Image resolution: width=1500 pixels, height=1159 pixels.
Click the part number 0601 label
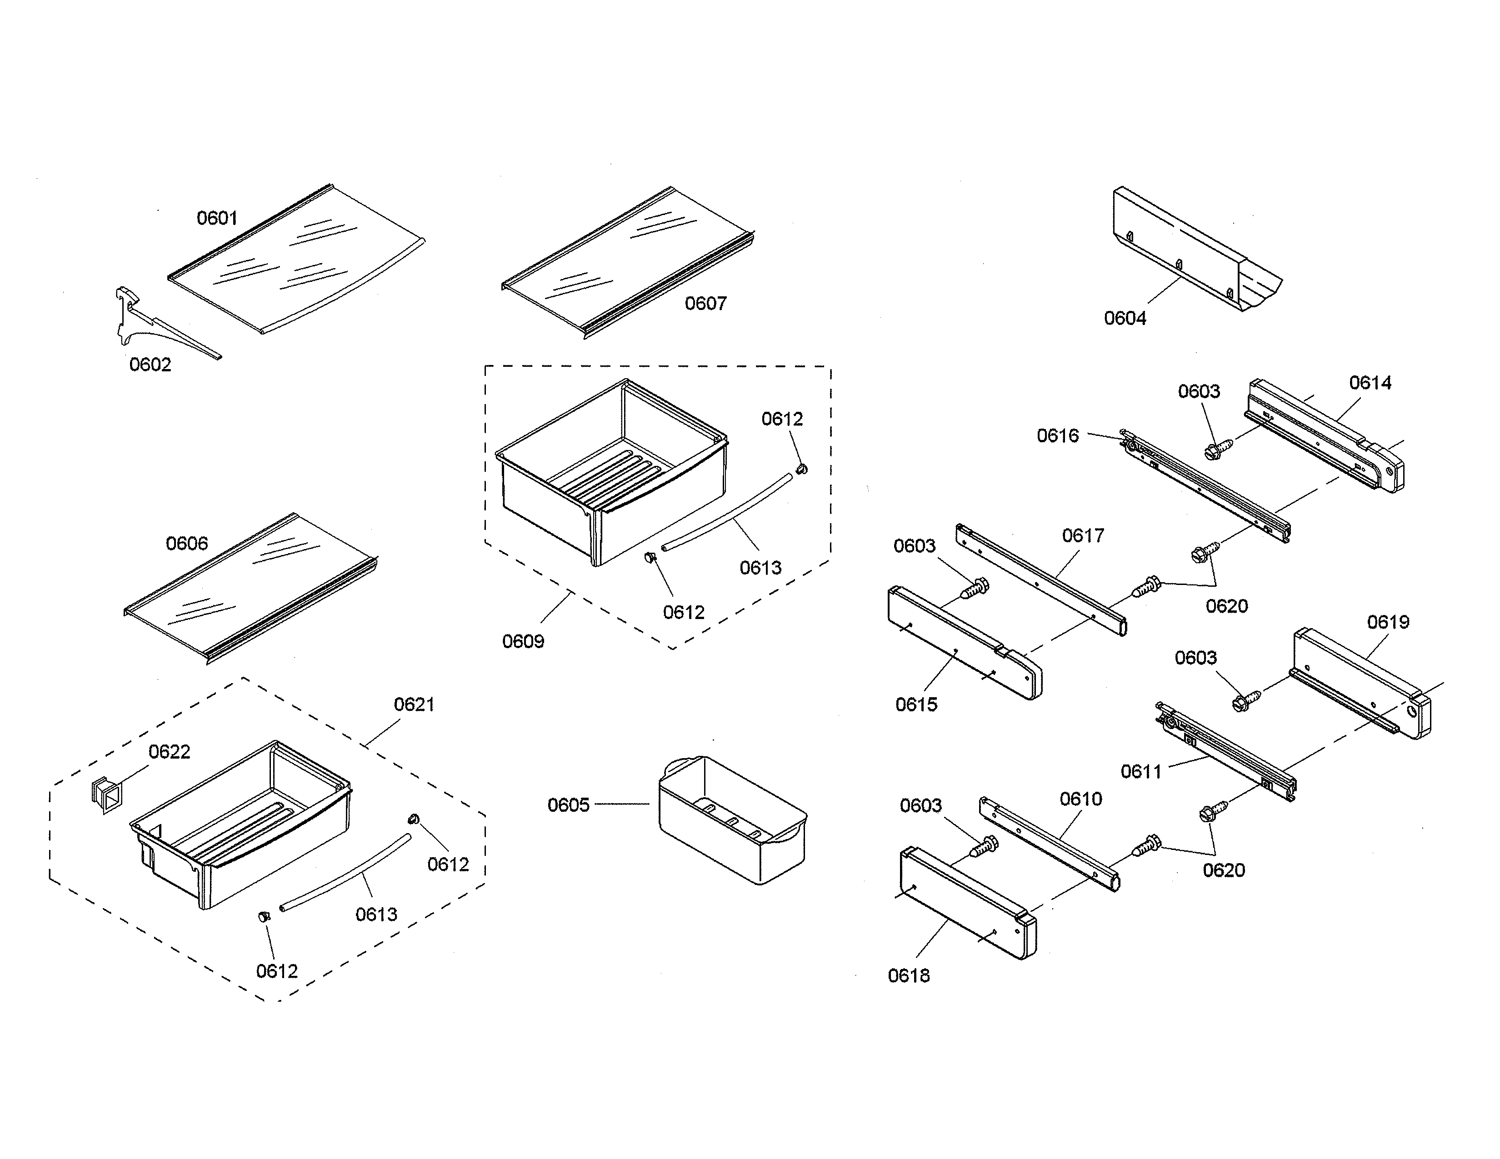click(x=217, y=218)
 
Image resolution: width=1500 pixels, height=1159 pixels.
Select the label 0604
click(x=1125, y=319)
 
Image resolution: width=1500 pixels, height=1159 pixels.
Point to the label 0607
click(x=705, y=304)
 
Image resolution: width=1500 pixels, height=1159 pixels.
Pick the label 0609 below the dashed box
click(x=523, y=642)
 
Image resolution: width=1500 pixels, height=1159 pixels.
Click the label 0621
click(x=414, y=704)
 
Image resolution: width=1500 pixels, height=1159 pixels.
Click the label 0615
click(x=916, y=704)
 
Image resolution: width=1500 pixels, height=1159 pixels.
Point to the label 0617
click(x=1083, y=535)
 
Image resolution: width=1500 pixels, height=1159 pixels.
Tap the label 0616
click(x=1058, y=436)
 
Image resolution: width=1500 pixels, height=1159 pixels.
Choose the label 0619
click(x=1388, y=622)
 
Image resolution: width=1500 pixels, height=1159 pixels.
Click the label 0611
click(x=1141, y=772)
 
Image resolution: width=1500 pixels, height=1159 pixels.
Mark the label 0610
click(x=1080, y=799)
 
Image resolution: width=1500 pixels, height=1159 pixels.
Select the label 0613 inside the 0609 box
click(x=760, y=568)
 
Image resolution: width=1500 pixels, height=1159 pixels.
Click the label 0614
click(x=1370, y=383)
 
